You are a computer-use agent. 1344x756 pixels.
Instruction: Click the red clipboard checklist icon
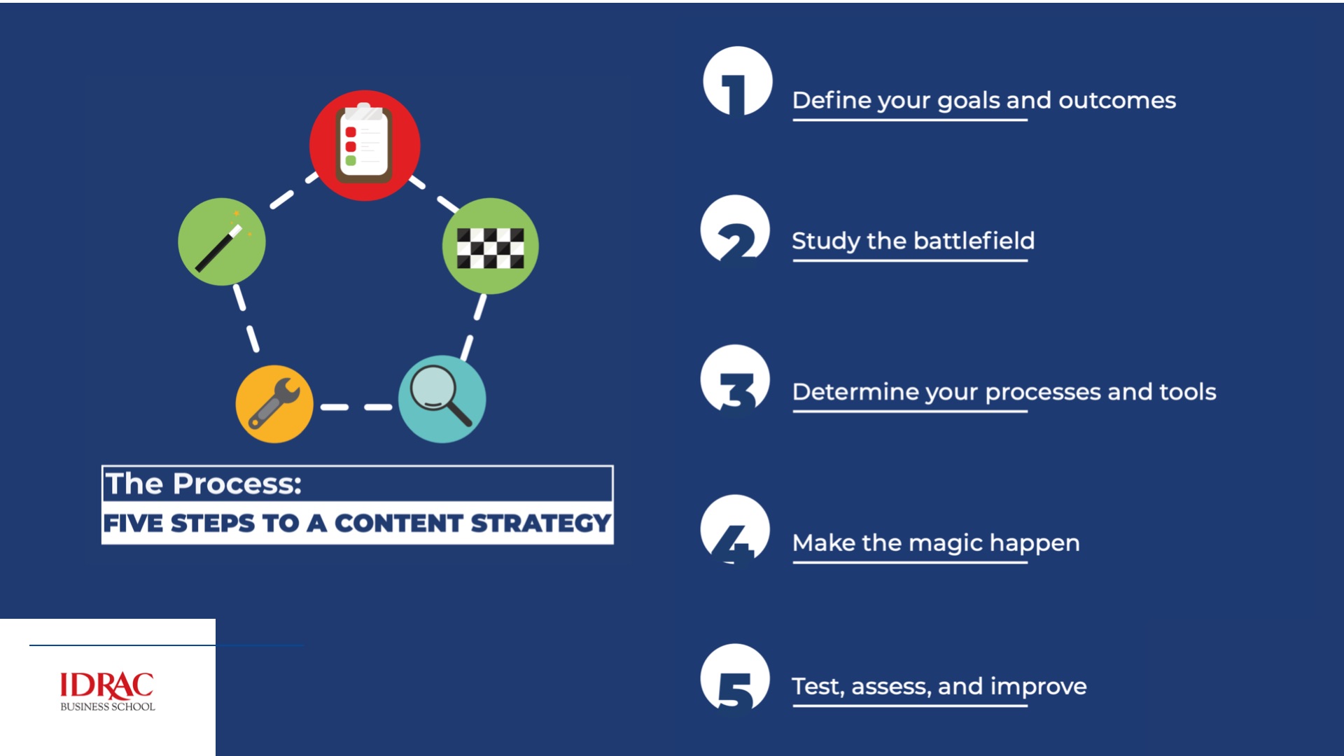tap(365, 146)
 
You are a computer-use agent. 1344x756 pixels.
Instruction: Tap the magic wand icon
tap(222, 241)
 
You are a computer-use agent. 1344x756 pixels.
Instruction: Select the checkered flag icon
tap(490, 246)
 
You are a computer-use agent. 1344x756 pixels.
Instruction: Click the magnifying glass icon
tap(442, 399)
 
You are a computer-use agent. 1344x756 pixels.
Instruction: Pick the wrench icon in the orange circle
tap(274, 404)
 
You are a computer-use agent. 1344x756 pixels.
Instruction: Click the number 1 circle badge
tap(738, 81)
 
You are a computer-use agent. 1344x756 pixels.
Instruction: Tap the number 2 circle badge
tap(735, 229)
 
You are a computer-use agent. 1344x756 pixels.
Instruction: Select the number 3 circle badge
tap(735, 379)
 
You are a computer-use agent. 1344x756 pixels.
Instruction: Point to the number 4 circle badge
tap(735, 529)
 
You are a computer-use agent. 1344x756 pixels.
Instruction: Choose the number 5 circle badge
tap(735, 678)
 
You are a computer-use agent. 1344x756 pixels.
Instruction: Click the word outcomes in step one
tap(1117, 101)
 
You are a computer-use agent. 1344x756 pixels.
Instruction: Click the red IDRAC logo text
tap(107, 686)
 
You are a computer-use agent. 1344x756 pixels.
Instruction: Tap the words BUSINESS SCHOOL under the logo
tap(108, 707)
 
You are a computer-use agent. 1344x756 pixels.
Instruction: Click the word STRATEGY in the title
tap(540, 524)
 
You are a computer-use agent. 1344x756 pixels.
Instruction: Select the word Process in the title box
tap(237, 484)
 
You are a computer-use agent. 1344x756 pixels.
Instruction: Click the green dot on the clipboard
tap(351, 160)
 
